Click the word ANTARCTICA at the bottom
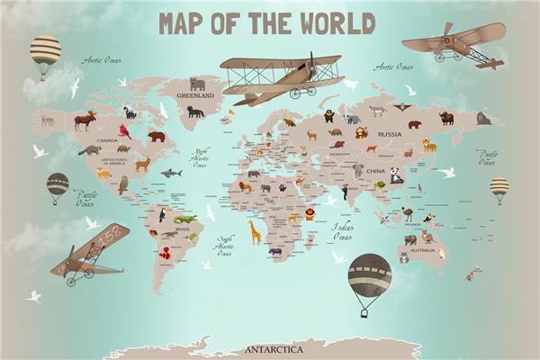coord(274,348)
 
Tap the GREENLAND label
coord(195,94)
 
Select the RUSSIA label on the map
coord(390,134)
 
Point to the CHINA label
coord(375,171)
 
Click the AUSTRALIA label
coord(422,249)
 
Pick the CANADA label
coord(107,140)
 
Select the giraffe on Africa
coord(256,232)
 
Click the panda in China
coord(396,176)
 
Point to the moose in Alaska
coord(85,120)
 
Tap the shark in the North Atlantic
coord(171,172)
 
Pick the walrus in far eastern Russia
coord(483,118)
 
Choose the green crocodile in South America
coord(184,219)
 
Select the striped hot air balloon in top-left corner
coord(45,56)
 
